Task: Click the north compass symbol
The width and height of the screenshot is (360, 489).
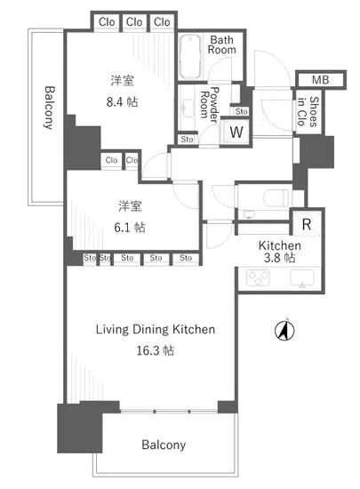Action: pos(284,330)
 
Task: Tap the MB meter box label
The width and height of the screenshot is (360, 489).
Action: pos(320,80)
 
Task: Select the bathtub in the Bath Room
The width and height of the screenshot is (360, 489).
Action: pos(190,57)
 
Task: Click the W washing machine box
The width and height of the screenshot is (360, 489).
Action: pos(236,132)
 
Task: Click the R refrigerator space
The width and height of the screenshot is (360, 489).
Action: pos(307,224)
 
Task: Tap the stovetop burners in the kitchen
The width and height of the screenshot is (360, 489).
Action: pos(258,277)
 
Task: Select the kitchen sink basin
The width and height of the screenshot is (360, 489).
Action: pos(302,277)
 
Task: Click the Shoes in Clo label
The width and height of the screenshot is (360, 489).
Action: pos(308,111)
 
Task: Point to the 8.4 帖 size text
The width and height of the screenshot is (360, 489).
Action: pos(122,101)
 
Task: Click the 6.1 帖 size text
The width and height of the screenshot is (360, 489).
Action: pos(130,228)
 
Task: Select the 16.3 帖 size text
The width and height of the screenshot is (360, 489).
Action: pos(156,350)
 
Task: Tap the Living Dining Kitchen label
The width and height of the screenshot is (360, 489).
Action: pos(156,329)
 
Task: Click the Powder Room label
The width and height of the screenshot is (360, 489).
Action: pos(210,104)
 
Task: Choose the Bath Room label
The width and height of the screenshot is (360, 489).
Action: pos(222,44)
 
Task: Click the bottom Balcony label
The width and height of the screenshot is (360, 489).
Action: pos(164,445)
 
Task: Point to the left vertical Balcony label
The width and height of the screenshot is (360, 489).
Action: pos(49,108)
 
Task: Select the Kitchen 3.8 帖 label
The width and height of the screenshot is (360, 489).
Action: pos(280,252)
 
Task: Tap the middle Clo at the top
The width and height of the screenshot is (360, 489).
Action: pos(134,22)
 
